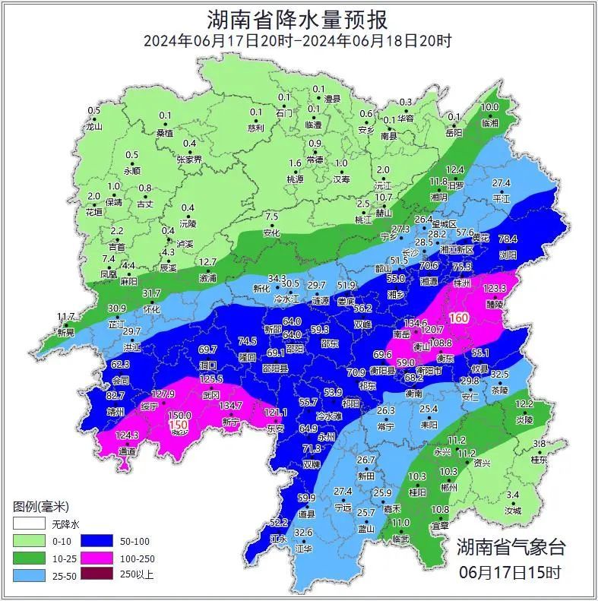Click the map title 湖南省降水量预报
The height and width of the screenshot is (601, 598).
[x=298, y=18]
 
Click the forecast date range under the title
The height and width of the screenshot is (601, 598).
[x=298, y=41]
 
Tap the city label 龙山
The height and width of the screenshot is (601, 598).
[x=93, y=127]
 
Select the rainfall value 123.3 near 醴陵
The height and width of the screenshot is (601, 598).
[x=495, y=289]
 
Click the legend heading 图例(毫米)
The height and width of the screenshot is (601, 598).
[x=41, y=507]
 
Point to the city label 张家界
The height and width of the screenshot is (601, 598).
[x=189, y=160]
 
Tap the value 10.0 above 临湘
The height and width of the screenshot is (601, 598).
[x=490, y=108]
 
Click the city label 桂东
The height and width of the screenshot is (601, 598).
[x=539, y=460]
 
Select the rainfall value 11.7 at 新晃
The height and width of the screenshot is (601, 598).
[x=66, y=316]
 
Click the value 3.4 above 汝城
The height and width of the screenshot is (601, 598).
[x=513, y=495]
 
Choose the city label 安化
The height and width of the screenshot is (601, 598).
[x=272, y=232]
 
